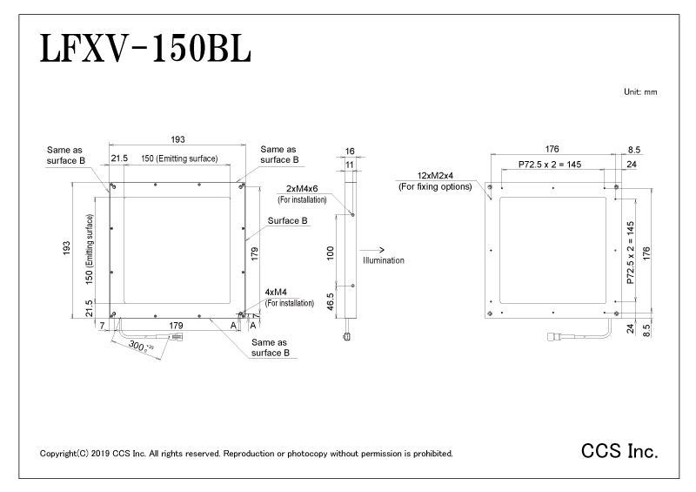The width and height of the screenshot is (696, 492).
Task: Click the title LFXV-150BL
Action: point(145,48)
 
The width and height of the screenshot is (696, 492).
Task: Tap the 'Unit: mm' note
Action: point(640,92)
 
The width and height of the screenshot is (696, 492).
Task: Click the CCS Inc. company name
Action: point(619,451)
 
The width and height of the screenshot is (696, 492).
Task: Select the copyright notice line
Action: point(246,454)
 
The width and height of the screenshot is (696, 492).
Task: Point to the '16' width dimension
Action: point(350,152)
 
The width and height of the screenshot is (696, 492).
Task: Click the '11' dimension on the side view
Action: point(350,165)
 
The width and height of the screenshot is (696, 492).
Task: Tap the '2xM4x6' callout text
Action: point(302,188)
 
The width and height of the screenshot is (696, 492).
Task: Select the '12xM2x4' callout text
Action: point(435,176)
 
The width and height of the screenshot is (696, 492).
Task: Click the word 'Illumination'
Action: point(384,260)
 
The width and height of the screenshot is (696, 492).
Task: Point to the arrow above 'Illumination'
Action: point(372,250)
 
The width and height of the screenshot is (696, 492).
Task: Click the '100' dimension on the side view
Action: point(331,253)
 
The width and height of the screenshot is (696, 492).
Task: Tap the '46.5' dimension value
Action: point(331,302)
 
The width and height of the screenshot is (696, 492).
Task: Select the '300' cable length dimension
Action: point(137,345)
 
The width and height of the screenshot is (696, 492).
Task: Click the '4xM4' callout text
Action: point(276,292)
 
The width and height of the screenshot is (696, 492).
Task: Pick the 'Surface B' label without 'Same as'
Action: point(287,221)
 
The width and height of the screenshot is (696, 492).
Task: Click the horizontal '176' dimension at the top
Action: point(552,149)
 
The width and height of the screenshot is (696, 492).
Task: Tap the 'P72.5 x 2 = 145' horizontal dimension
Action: point(550,165)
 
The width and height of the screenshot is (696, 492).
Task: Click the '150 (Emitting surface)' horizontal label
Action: point(179,158)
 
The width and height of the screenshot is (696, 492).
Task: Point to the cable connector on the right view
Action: point(556,336)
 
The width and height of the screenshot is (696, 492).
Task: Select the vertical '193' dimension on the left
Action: point(67,248)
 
